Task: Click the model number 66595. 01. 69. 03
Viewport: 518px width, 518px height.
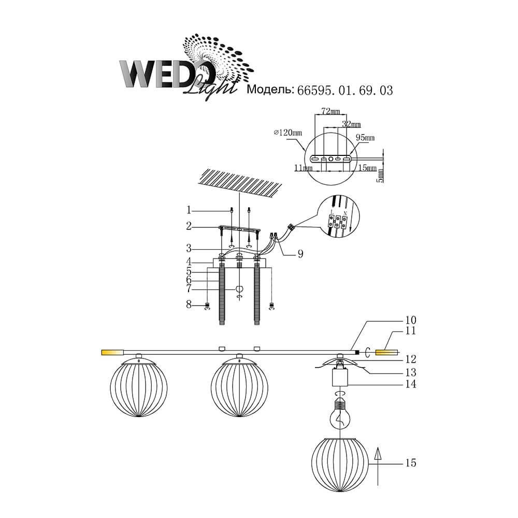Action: click(345, 91)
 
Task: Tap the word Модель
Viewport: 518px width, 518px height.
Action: click(270, 90)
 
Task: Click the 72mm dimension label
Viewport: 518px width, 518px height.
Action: click(330, 111)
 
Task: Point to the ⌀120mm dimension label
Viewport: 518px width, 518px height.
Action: click(287, 133)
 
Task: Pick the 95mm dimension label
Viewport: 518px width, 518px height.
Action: click(365, 137)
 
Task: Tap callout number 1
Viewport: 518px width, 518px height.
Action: click(189, 210)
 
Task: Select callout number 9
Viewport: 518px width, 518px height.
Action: click(300, 254)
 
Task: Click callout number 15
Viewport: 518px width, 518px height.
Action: click(411, 463)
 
